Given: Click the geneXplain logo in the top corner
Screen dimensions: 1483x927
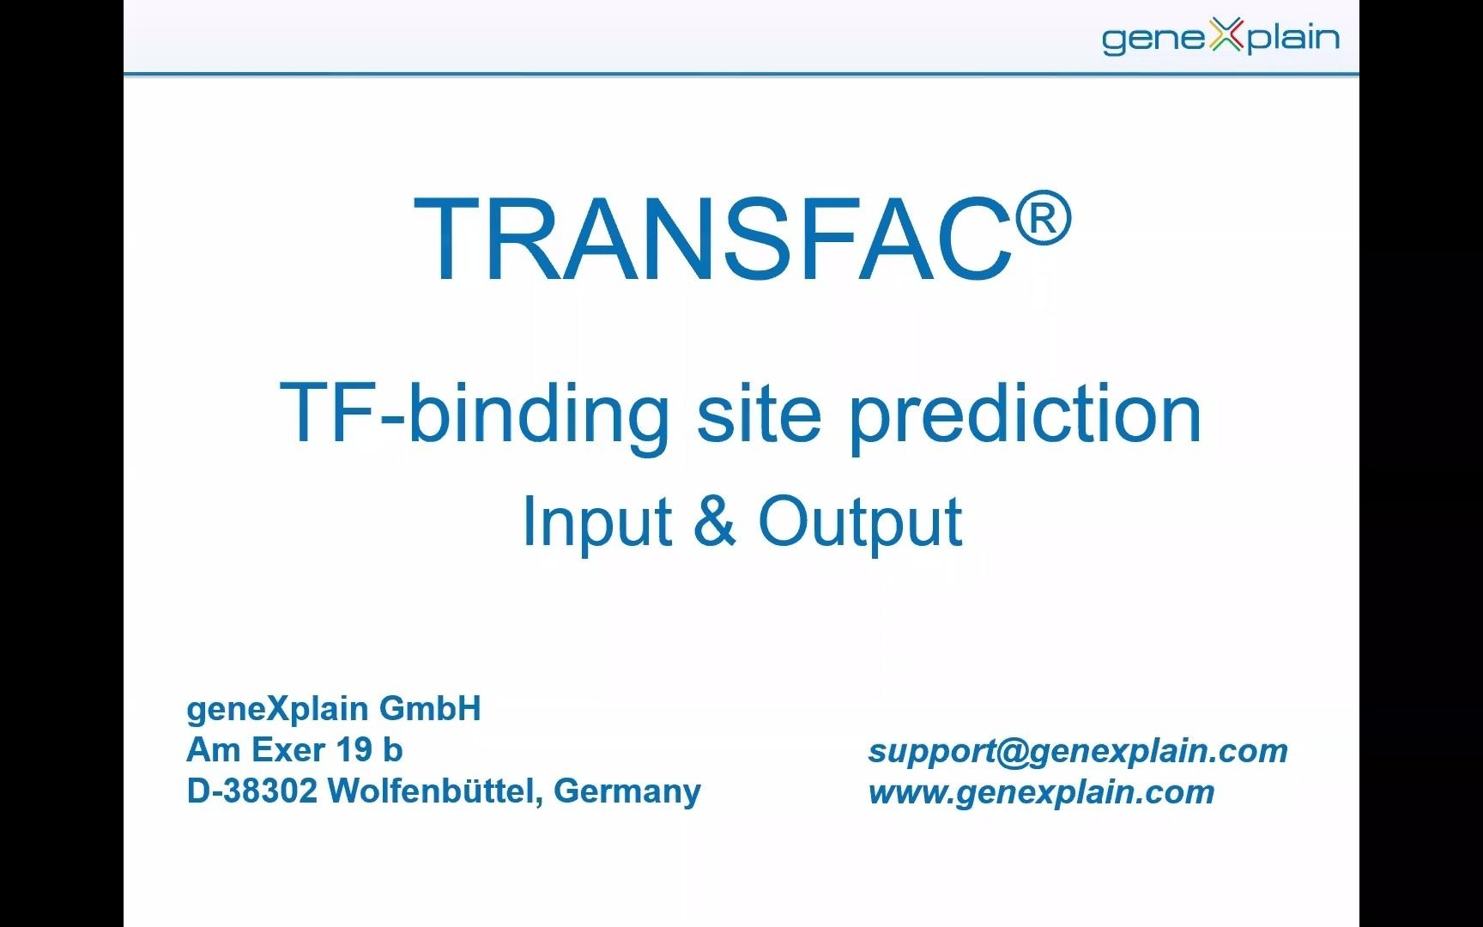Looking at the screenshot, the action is [1220, 38].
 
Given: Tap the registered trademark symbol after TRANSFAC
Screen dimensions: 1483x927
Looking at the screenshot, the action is [1044, 217].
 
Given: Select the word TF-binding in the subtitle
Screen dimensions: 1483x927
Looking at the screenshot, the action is [475, 414].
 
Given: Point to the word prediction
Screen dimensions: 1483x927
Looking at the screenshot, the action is [1026, 414].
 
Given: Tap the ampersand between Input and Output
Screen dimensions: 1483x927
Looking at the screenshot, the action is [715, 520].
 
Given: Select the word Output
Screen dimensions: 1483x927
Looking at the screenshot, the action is [860, 521].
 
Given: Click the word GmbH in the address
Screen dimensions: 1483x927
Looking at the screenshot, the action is [430, 709].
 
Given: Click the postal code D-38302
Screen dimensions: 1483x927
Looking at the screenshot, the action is [251, 791].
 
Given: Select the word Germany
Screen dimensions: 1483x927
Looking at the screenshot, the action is [627, 791].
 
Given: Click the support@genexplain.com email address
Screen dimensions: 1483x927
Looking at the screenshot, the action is [1078, 751].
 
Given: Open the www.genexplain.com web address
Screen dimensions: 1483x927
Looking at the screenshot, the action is [1042, 792].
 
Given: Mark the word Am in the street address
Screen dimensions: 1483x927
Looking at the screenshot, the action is [215, 750].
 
